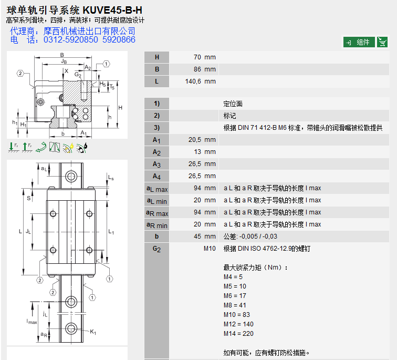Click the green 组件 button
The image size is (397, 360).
click(359, 42)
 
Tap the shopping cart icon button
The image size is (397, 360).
click(382, 42)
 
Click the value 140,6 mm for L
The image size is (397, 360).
click(200, 81)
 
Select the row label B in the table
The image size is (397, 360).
click(156, 69)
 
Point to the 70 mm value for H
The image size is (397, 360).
click(205, 57)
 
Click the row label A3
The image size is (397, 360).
click(156, 164)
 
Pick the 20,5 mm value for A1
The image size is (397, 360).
click(202, 140)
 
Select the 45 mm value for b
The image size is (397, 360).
click(205, 236)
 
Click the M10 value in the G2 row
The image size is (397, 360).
click(210, 249)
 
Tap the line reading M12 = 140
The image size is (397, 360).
click(238, 324)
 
